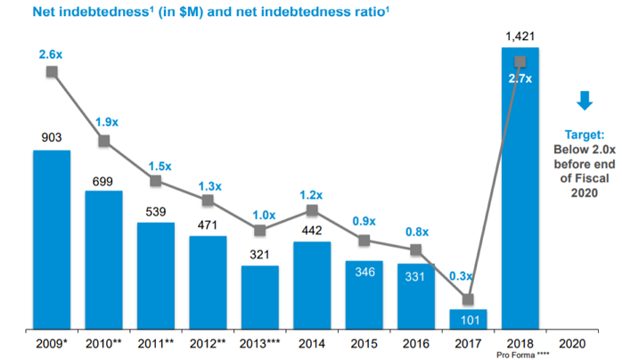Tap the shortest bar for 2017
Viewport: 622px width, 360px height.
[468, 319]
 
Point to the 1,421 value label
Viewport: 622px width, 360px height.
[520, 36]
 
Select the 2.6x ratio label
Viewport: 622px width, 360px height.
[52, 55]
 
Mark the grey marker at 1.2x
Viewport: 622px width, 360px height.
[311, 210]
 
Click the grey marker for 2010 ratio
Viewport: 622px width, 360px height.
[103, 141]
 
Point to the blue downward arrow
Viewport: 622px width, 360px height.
[585, 101]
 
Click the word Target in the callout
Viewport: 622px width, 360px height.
[585, 134]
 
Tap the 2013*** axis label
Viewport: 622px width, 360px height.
[259, 343]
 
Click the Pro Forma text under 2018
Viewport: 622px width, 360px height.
[520, 354]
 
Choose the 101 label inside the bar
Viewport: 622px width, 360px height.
[468, 318]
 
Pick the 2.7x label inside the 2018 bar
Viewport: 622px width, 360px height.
[520, 78]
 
